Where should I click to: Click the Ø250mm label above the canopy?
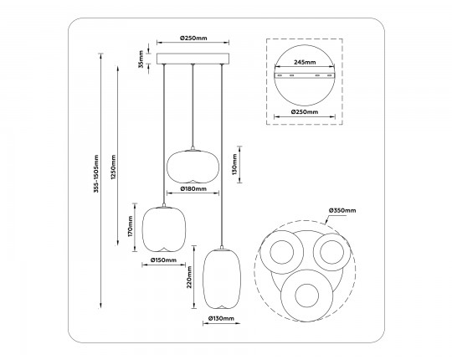[193, 39]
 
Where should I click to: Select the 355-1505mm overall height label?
[97, 179]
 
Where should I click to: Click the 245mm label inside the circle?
[305, 63]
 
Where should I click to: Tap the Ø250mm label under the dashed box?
[305, 111]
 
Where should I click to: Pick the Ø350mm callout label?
[342, 210]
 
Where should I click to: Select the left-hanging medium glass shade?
[164, 228]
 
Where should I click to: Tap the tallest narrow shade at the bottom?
[222, 278]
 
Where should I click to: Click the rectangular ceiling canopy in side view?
[193, 61]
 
